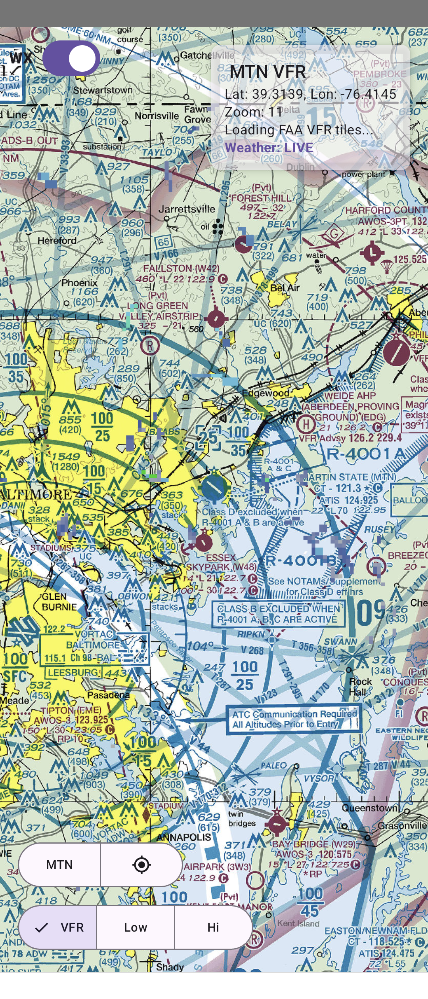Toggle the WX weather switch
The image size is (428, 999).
tap(71, 58)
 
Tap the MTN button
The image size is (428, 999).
tap(59, 865)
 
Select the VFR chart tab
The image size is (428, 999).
tap(58, 927)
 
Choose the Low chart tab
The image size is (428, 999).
tap(136, 927)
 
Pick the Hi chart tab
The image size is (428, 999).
tap(213, 927)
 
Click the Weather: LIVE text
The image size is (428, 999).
tap(269, 147)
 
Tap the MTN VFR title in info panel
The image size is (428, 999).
tap(268, 72)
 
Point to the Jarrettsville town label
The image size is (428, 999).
tap(187, 209)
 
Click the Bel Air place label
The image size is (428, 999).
tap(285, 288)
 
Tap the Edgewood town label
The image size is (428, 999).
tap(266, 393)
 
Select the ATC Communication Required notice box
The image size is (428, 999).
tap(294, 719)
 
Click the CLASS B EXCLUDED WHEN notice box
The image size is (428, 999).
tap(277, 614)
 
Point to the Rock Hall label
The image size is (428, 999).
tap(360, 687)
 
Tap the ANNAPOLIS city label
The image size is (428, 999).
tap(183, 837)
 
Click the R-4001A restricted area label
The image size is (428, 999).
tap(365, 454)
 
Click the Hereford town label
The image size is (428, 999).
tap(57, 241)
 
